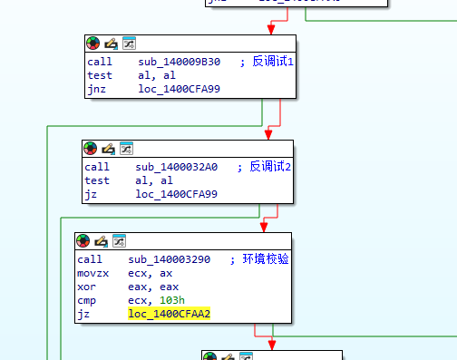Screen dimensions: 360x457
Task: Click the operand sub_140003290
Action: pyautogui.click(x=171, y=259)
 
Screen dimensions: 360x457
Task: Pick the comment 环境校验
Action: pyautogui.click(x=267, y=259)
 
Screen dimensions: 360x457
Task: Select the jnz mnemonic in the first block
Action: pyautogui.click(x=97, y=89)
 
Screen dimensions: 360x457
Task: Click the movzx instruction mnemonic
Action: pyautogui.click(x=92, y=273)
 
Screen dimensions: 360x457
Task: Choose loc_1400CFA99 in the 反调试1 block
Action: pyautogui.click(x=179, y=89)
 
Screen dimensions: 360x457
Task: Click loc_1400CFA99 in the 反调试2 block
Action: pyautogui.click(x=176, y=194)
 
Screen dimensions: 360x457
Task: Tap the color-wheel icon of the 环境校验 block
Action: pyautogui.click(x=83, y=240)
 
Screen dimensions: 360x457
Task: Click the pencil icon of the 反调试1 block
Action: pyautogui.click(x=111, y=43)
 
